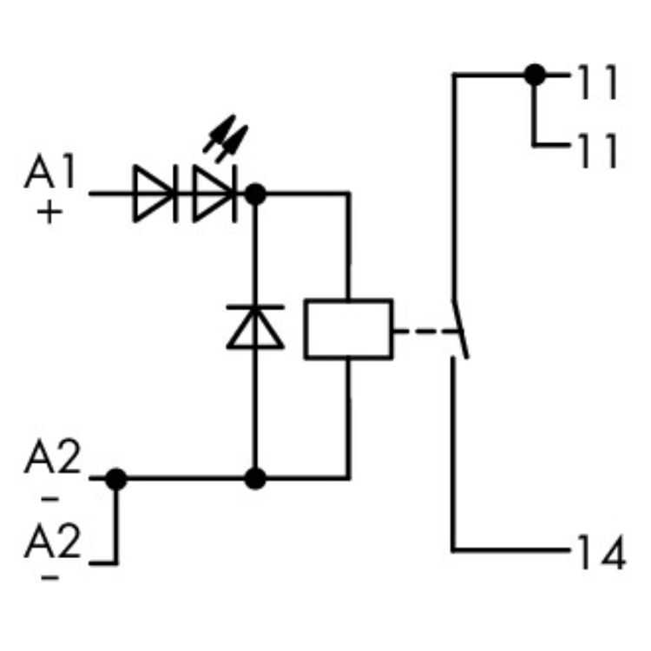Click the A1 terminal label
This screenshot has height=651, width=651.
pyautogui.click(x=50, y=174)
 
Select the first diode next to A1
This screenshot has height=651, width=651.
pyautogui.click(x=155, y=193)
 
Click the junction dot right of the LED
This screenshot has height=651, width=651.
pyautogui.click(x=255, y=193)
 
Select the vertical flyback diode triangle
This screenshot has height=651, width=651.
pyautogui.click(x=255, y=329)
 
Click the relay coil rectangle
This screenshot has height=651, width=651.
pyautogui.click(x=347, y=329)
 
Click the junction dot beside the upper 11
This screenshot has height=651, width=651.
pyautogui.click(x=536, y=75)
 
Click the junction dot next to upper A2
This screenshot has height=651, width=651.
pyautogui.click(x=115, y=477)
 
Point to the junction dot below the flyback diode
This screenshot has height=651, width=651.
pyautogui.click(x=255, y=477)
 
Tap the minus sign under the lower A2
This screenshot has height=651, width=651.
pyautogui.click(x=50, y=577)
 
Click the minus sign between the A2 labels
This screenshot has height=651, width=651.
pyautogui.click(x=50, y=500)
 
